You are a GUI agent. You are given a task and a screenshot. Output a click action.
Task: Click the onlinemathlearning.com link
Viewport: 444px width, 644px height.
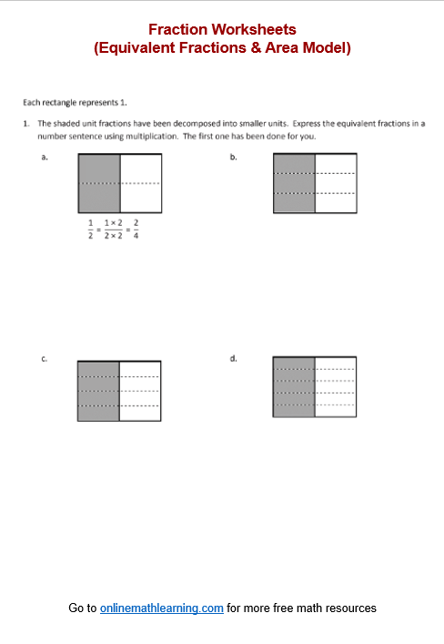pyautogui.click(x=161, y=608)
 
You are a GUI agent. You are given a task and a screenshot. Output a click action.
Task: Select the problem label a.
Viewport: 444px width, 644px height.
pyautogui.click(x=44, y=157)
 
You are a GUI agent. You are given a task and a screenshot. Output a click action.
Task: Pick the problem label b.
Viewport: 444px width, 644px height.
pyautogui.click(x=233, y=157)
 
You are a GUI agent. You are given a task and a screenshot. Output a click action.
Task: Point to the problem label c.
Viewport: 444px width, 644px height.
pyautogui.click(x=44, y=359)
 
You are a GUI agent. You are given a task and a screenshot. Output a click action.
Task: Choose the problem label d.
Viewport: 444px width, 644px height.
pyautogui.click(x=233, y=359)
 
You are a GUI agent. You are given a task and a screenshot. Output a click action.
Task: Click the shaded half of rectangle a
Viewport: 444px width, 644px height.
pyautogui.click(x=99, y=183)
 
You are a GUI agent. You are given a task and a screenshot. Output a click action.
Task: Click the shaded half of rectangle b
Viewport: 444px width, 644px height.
pyautogui.click(x=294, y=183)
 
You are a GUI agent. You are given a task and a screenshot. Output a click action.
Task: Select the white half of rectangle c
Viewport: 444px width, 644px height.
pyautogui.click(x=140, y=391)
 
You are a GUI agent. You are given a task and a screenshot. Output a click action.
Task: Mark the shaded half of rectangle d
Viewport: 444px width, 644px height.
pyautogui.click(x=294, y=386)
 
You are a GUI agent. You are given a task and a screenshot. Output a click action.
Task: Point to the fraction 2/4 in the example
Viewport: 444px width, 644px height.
pyautogui.click(x=136, y=228)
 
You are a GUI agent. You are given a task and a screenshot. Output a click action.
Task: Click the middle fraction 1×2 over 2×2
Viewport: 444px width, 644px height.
pyautogui.click(x=114, y=228)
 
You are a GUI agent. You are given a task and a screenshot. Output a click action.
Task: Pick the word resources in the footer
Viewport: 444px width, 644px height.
pyautogui.click(x=351, y=608)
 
